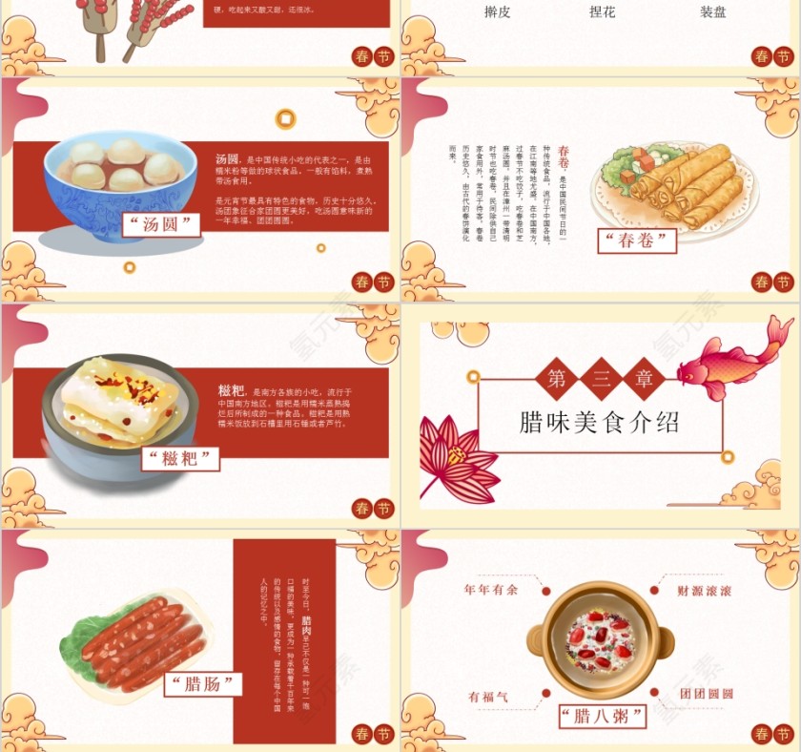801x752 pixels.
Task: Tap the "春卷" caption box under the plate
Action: [x=636, y=240]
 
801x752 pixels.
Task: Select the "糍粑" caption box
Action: [x=180, y=458]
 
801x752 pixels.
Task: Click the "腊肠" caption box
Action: [x=202, y=683]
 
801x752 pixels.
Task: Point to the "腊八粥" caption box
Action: [x=603, y=716]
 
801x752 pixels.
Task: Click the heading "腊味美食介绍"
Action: [x=600, y=423]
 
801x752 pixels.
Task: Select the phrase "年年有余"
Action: [x=491, y=590]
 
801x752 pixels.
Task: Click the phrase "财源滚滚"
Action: [x=705, y=591]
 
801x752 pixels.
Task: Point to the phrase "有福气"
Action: [x=488, y=697]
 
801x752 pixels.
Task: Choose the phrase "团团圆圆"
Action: [x=706, y=693]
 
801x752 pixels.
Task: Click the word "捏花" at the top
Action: [x=603, y=13]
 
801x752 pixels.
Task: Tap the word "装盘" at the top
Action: [x=712, y=13]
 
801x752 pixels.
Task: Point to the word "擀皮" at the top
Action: [x=497, y=13]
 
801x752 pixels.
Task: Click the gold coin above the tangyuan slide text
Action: [x=284, y=119]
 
